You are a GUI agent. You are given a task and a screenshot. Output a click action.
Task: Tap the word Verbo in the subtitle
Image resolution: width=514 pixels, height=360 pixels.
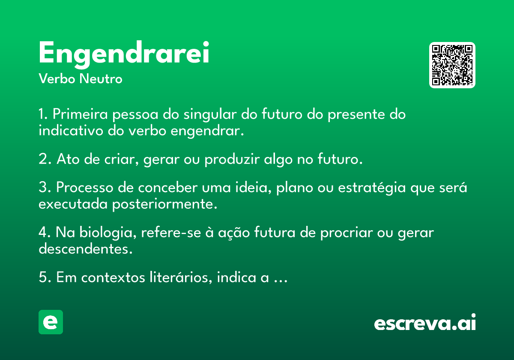[57, 79]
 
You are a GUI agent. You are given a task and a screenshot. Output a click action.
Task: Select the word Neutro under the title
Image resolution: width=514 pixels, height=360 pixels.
[101, 79]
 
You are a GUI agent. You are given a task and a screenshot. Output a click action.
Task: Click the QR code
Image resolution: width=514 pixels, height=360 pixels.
[452, 65]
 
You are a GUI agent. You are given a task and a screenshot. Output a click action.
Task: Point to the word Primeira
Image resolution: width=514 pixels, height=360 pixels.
[80, 114]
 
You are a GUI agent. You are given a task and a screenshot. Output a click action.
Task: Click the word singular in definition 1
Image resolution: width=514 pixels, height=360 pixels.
[210, 114]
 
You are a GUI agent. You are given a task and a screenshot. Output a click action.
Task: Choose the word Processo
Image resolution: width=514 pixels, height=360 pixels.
[85, 187]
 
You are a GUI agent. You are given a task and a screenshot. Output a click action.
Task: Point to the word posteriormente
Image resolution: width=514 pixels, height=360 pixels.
[164, 204]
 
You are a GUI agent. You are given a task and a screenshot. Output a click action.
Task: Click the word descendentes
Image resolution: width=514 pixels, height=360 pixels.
[86, 249]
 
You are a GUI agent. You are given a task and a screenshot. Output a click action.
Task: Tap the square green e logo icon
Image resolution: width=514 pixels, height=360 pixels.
[51, 322]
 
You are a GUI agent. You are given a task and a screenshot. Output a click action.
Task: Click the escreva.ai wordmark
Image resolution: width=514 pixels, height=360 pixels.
[425, 322]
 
